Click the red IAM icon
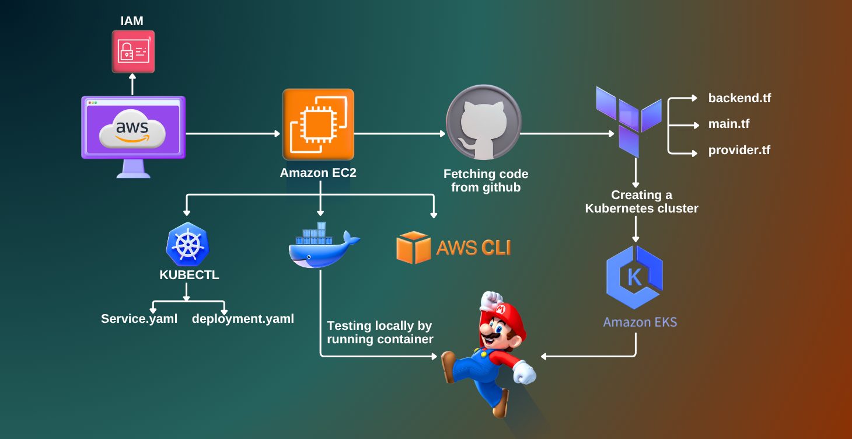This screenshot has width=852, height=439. pos(133,51)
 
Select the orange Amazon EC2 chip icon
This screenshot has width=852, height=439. pos(318,124)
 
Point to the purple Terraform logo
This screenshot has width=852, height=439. pos(629,120)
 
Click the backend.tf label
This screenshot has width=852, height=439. pos(739,98)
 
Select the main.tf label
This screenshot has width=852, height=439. pos(729,124)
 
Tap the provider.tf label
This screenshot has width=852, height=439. pos(739,150)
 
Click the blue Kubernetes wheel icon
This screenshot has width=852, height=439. pos(188,245)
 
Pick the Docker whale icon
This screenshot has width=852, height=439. pos(322,245)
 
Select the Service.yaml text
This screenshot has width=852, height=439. pos(139,319)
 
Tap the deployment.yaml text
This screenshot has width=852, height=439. pos(243,319)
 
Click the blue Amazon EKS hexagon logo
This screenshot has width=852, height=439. pos(634,277)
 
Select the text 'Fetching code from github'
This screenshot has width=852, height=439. pos(486,181)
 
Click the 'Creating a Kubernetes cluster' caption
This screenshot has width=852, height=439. pos(641,201)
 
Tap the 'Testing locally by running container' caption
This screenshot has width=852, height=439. pos(380,332)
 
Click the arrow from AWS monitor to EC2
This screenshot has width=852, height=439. pos(233,134)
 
